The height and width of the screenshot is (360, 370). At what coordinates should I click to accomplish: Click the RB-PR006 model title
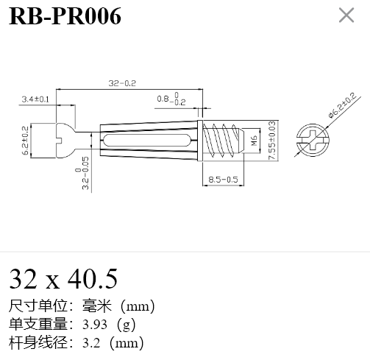click(x=65, y=16)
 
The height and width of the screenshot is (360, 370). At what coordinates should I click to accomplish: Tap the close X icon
click(x=346, y=15)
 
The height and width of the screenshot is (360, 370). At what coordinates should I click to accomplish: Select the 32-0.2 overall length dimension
click(x=122, y=83)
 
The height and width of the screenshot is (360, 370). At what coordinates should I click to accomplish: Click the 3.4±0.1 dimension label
click(x=35, y=99)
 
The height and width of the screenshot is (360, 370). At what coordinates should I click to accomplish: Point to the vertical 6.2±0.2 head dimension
click(x=26, y=141)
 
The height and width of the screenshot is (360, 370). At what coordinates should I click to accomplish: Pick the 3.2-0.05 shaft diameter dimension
click(x=82, y=173)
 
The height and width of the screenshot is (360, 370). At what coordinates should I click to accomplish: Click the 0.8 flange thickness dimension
click(x=171, y=99)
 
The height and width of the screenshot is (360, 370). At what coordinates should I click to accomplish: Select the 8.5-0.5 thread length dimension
click(x=223, y=180)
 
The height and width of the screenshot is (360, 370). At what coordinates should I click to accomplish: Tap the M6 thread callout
click(x=255, y=141)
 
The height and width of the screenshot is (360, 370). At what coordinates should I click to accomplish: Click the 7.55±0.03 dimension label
click(x=271, y=141)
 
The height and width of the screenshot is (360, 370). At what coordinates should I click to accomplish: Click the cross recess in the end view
click(x=313, y=141)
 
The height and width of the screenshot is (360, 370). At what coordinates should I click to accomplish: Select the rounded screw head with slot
click(x=65, y=141)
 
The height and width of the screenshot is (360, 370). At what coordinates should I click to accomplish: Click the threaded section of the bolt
click(x=223, y=141)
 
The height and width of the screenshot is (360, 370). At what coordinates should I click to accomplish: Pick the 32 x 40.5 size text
click(x=63, y=279)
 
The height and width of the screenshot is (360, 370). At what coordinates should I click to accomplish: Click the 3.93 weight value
click(x=95, y=325)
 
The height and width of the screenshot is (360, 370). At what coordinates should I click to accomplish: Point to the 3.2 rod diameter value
click(x=91, y=343)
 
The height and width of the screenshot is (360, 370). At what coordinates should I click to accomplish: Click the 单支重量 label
click(x=38, y=324)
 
